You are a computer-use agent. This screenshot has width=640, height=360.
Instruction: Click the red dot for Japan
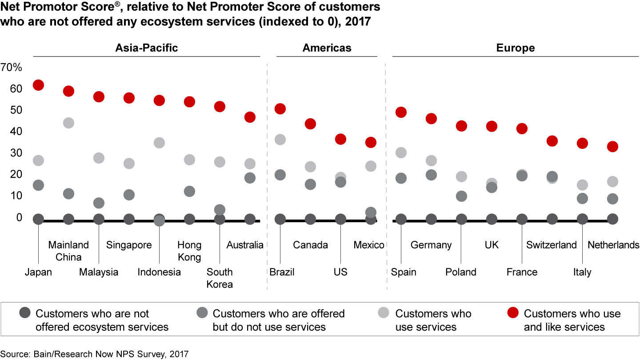(x=38, y=85)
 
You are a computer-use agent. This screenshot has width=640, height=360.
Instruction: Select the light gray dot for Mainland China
(x=68, y=123)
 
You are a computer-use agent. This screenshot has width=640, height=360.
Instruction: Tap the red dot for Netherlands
(x=612, y=147)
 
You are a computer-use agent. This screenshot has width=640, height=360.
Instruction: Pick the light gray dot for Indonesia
(x=159, y=143)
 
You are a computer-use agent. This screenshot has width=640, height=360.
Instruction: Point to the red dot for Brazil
(x=280, y=109)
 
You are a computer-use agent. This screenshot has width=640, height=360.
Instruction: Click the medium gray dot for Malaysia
(x=99, y=203)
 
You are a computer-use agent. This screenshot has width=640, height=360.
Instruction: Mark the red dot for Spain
(x=401, y=112)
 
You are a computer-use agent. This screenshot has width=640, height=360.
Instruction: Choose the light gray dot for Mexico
(x=371, y=166)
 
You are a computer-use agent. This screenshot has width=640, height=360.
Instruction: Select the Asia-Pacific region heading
(x=147, y=48)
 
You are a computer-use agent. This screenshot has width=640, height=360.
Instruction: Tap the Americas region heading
(x=327, y=48)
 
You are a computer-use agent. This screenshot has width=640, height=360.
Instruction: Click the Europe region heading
(x=516, y=48)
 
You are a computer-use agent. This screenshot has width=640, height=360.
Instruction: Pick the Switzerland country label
(x=551, y=245)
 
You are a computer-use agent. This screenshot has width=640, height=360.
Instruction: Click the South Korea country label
(x=220, y=278)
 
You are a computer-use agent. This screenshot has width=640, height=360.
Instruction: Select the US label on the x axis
(x=340, y=272)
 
